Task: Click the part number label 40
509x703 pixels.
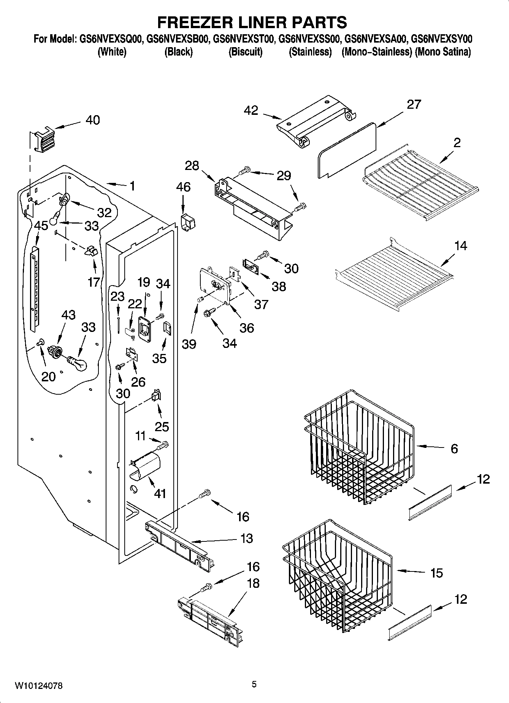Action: tap(92, 120)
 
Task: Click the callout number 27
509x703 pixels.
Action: tap(414, 104)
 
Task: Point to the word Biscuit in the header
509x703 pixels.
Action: tap(245, 52)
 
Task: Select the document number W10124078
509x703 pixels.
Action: tap(39, 686)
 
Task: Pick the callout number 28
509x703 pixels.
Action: tap(192, 166)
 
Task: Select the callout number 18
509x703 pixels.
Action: tap(254, 584)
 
